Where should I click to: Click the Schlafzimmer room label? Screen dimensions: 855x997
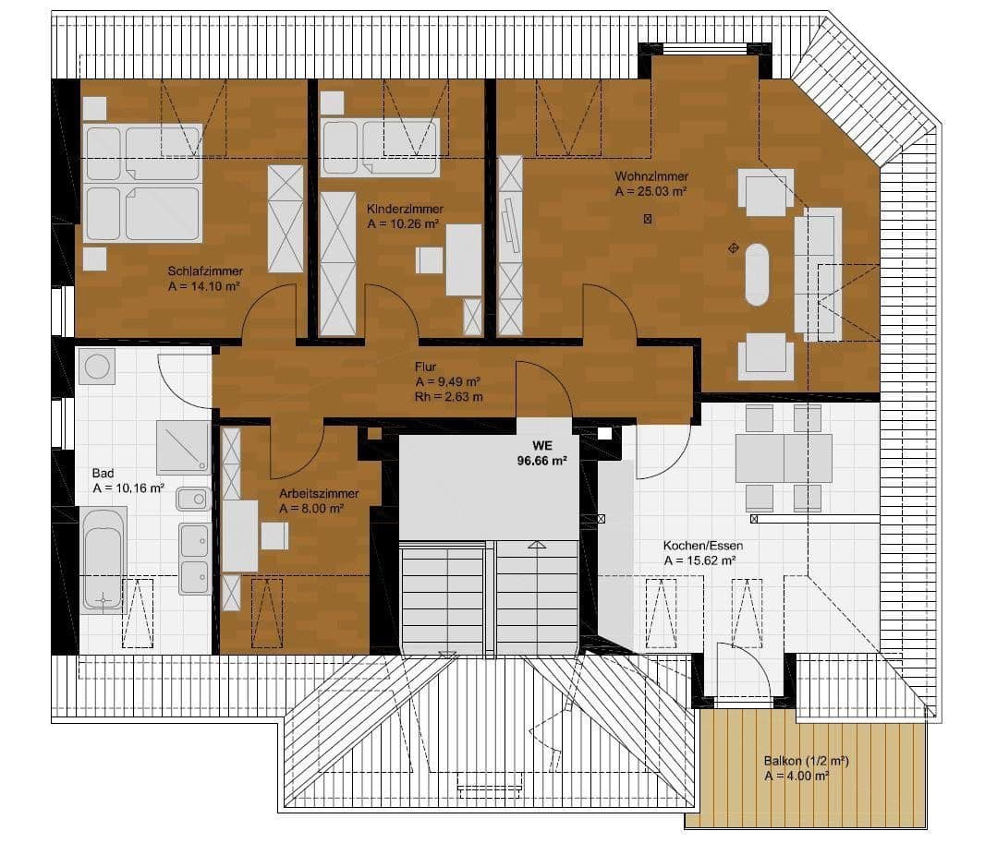[x=205, y=271]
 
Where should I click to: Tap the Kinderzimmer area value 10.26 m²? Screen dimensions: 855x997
[x=402, y=224]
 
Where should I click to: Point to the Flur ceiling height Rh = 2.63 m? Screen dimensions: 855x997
[x=449, y=397]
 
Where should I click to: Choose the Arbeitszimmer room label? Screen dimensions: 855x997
[x=319, y=493]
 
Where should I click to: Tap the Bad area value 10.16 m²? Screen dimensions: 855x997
[x=128, y=488]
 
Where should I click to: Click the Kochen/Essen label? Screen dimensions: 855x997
[x=703, y=546]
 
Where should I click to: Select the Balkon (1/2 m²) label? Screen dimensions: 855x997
[x=806, y=762]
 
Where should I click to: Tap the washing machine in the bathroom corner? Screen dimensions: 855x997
[x=97, y=367]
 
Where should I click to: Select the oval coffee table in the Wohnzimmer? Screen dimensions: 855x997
[x=757, y=274]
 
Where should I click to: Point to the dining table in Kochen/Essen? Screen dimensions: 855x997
[x=784, y=458]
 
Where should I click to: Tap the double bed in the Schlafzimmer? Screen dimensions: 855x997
[x=142, y=183]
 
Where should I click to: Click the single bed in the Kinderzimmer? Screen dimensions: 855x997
[x=380, y=146]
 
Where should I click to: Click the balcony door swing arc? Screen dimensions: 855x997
[x=750, y=668]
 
